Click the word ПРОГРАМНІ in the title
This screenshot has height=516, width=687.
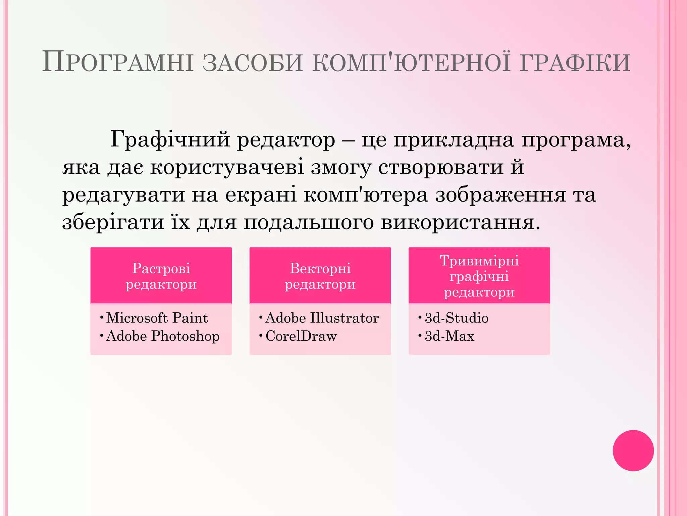[x=118, y=62]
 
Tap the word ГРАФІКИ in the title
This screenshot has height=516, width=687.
[x=575, y=62]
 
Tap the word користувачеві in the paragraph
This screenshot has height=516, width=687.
[x=227, y=167]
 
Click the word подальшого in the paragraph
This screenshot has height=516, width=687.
[x=309, y=222]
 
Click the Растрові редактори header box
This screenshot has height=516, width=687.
[x=161, y=276]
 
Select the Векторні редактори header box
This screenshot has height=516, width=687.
[x=320, y=276]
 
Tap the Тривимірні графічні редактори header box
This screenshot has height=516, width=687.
[x=479, y=276]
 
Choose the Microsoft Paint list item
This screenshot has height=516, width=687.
[x=157, y=318]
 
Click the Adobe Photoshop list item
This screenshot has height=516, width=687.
[x=163, y=336]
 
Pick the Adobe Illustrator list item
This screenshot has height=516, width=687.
[x=322, y=318]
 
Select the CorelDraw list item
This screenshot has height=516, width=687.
[x=301, y=336]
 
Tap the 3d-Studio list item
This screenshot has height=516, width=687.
[x=457, y=318]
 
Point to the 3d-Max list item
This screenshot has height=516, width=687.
[x=450, y=336]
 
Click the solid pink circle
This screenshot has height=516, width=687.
[x=633, y=450]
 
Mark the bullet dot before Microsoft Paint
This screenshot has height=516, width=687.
[x=102, y=317]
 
